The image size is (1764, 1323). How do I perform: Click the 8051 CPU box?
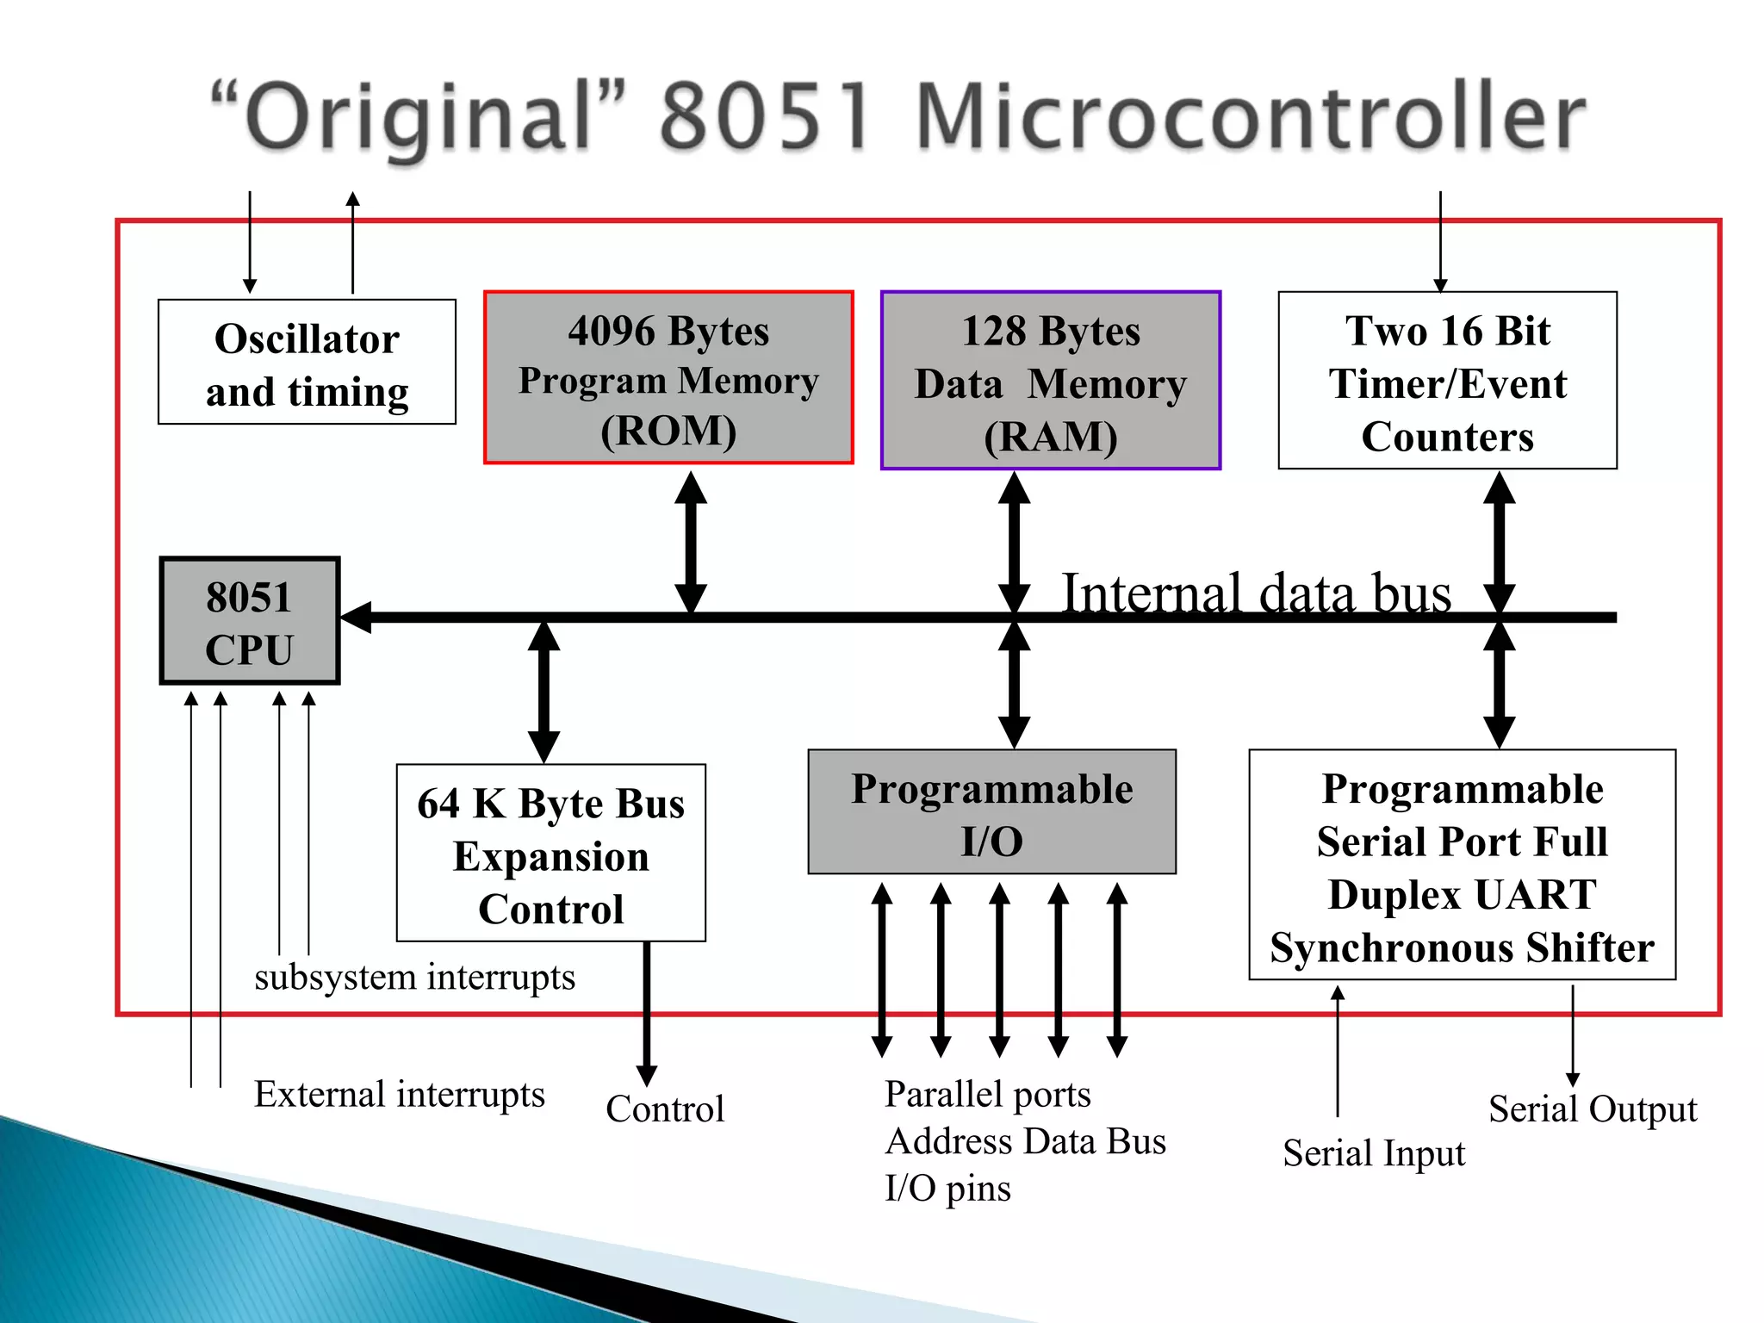pyautogui.click(x=250, y=621)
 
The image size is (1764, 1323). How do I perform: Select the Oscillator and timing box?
pyautogui.click(x=307, y=363)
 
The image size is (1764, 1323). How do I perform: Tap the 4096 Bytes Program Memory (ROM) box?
pyautogui.click(x=668, y=378)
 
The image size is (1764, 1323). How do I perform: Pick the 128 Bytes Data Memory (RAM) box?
pyautogui.click(x=1050, y=381)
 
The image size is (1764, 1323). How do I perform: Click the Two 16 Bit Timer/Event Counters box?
pyautogui.click(x=1447, y=381)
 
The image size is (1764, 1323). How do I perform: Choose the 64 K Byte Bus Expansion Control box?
pyautogui.click(x=551, y=853)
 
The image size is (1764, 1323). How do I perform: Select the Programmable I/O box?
pyautogui.click(x=991, y=812)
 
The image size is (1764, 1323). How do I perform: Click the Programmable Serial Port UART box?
pyautogui.click(x=1462, y=865)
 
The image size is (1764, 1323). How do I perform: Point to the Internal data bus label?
pyautogui.click(x=1255, y=593)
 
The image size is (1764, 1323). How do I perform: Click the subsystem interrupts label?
pyautogui.click(x=414, y=978)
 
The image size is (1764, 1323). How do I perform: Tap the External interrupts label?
pyautogui.click(x=399, y=1095)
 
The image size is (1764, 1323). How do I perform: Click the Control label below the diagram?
pyautogui.click(x=665, y=1109)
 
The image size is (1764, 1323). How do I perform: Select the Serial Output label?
pyautogui.click(x=1592, y=1109)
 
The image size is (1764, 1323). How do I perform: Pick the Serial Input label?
pyautogui.click(x=1373, y=1153)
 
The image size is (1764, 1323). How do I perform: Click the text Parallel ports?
pyautogui.click(x=987, y=1095)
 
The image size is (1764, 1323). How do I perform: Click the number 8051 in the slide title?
pyautogui.click(x=765, y=116)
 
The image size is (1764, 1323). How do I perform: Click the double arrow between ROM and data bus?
pyautogui.click(x=691, y=543)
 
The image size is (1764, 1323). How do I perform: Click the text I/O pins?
pyautogui.click(x=947, y=1189)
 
